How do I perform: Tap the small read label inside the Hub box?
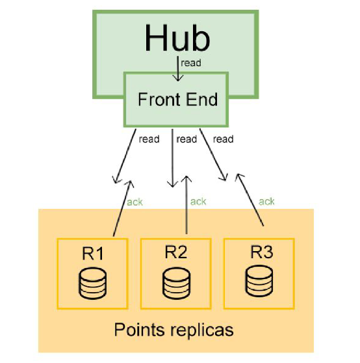coord(191,63)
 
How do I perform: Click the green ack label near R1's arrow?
coord(135,202)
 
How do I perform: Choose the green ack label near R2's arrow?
coord(198,202)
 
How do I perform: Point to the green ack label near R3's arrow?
coord(266,202)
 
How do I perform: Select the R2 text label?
coord(176,253)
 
